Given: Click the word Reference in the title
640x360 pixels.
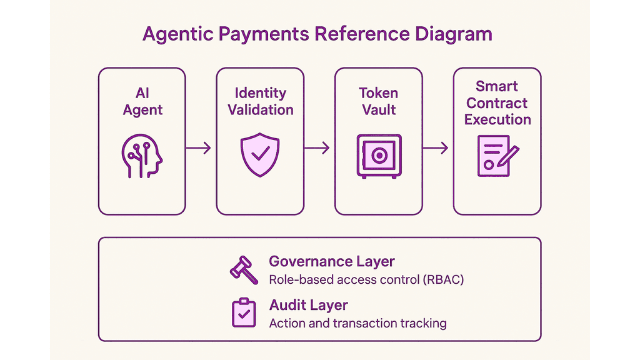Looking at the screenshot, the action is pyautogui.click(x=362, y=34).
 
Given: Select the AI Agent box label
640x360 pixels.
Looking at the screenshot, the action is pyautogui.click(x=142, y=102).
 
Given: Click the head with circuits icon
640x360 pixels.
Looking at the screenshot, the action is pyautogui.click(x=142, y=156).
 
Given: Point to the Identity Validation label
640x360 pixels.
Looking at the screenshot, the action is pyautogui.click(x=261, y=101).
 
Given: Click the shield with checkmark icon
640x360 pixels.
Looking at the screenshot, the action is pyautogui.click(x=260, y=155).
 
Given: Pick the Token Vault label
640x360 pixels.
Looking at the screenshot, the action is pyautogui.click(x=379, y=101).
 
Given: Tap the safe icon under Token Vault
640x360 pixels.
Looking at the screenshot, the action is pyautogui.click(x=379, y=156).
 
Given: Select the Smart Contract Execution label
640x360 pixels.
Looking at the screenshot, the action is pyautogui.click(x=497, y=103).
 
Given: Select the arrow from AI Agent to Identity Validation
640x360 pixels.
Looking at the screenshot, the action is pyautogui.click(x=198, y=147).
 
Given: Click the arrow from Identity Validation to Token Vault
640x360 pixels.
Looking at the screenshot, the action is pyautogui.click(x=317, y=147).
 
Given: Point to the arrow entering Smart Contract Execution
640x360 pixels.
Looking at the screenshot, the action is pyautogui.click(x=435, y=147).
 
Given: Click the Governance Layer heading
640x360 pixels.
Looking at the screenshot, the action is pyautogui.click(x=331, y=261).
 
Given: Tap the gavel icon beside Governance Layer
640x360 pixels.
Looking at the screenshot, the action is pyautogui.click(x=244, y=270).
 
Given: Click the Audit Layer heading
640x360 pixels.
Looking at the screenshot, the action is pyautogui.click(x=308, y=305).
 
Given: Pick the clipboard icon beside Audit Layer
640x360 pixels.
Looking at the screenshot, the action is pyautogui.click(x=244, y=312).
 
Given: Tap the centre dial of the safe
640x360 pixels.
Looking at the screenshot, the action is pyautogui.click(x=379, y=156).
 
